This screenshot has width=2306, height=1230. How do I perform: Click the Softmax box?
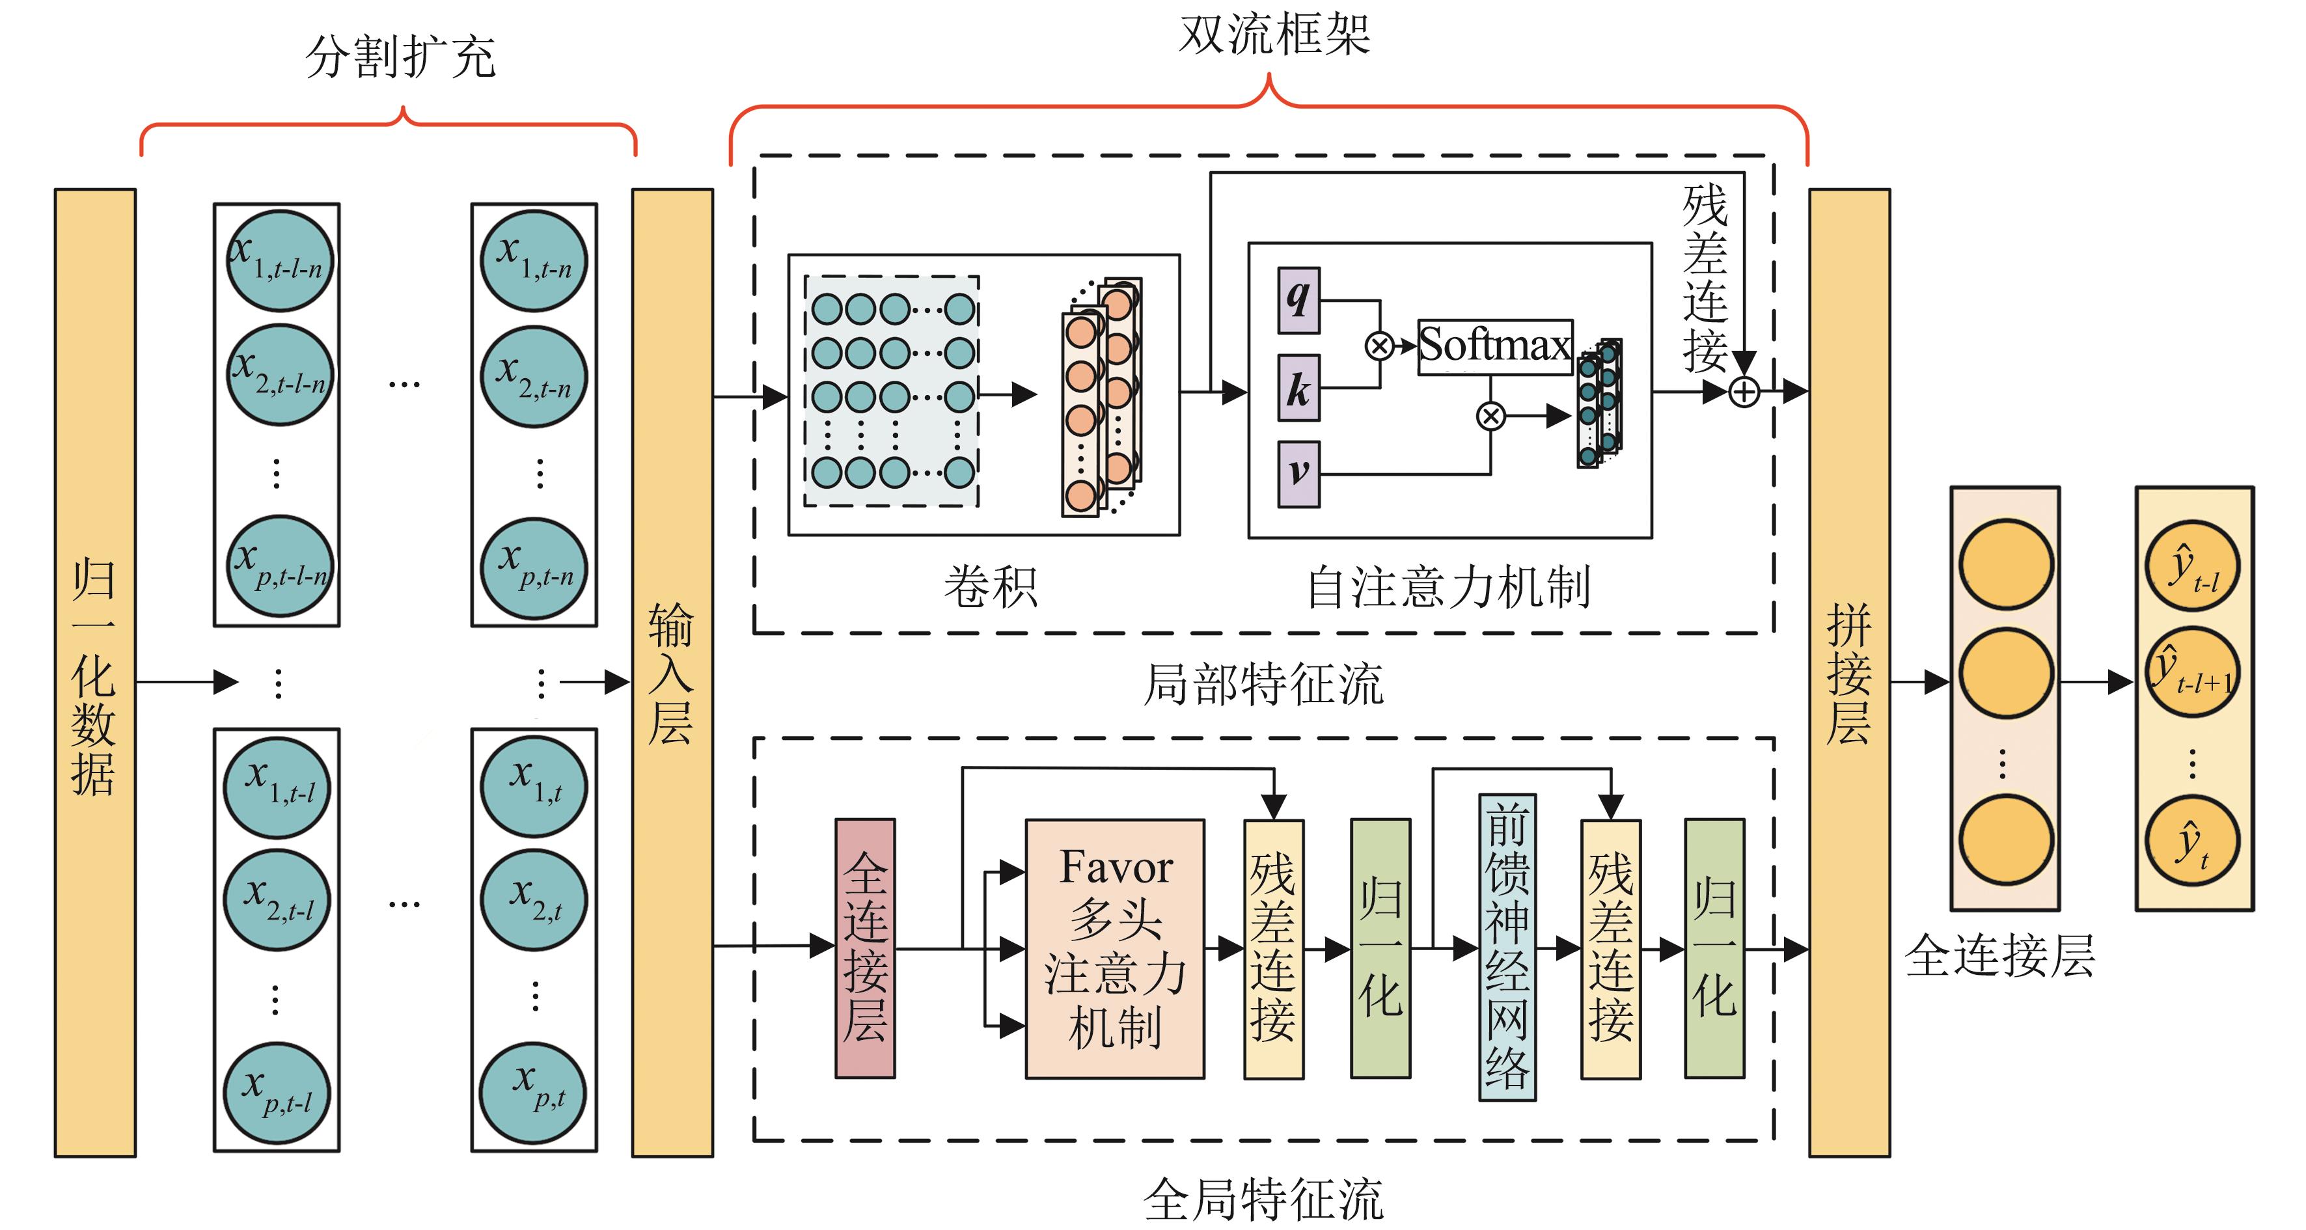tap(1495, 346)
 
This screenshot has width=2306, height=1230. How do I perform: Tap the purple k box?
tap(1298, 388)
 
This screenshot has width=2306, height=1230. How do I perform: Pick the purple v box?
tap(1298, 474)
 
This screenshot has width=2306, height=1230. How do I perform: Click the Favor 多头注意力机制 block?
tap(1114, 949)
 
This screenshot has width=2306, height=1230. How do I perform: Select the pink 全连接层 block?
tap(865, 948)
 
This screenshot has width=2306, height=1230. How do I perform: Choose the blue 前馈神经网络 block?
tap(1507, 947)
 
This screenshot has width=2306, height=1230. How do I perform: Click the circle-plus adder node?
tap(1744, 392)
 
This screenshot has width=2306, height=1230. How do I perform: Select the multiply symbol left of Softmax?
tap(1379, 346)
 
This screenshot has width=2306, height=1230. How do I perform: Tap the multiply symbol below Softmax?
tap(1490, 417)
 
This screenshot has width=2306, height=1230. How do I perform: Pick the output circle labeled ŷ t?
tap(2192, 841)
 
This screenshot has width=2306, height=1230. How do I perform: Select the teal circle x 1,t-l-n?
tap(279, 260)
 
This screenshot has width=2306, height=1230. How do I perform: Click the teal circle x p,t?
tap(534, 1092)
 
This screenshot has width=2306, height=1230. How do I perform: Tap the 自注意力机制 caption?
tap(1448, 588)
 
